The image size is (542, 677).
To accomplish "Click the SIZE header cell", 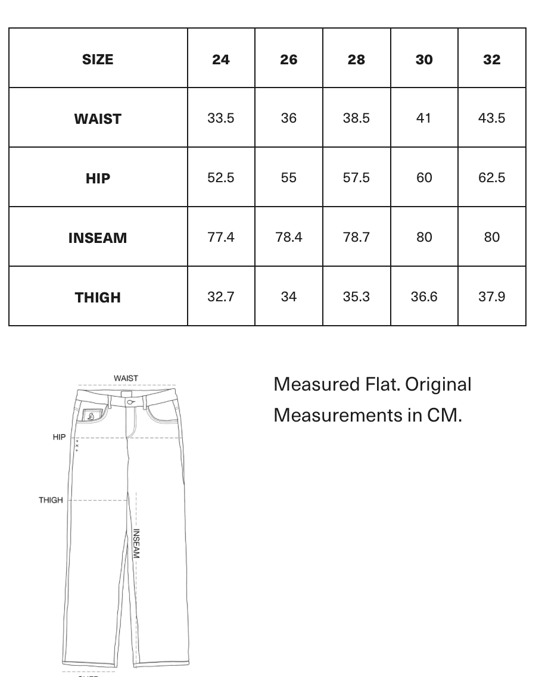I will click(98, 60).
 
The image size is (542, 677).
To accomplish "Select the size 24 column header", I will click(221, 60).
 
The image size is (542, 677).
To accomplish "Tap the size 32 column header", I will click(492, 60).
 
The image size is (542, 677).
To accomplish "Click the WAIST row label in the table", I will click(98, 119).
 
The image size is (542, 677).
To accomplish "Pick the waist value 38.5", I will click(356, 118).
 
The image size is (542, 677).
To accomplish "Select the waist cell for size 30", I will click(424, 118).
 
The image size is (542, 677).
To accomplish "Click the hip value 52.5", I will click(221, 177).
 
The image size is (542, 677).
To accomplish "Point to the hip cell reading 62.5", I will click(492, 177).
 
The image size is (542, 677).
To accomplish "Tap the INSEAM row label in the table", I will click(98, 238).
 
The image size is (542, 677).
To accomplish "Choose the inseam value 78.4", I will click(289, 237).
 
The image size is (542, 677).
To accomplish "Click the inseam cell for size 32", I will click(492, 237).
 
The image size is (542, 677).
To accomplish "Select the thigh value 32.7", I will click(221, 297).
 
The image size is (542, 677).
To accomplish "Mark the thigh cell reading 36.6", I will click(424, 297).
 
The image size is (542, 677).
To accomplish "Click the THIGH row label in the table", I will click(98, 298).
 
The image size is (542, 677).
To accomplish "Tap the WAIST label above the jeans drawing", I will click(126, 378).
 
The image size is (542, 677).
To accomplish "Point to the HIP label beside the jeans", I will click(59, 437).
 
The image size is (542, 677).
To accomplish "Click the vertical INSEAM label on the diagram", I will click(136, 544).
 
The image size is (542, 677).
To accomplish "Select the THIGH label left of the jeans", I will click(51, 500).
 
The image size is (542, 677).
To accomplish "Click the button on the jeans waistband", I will click(130, 403).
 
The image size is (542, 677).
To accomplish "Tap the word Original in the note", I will click(438, 385).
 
